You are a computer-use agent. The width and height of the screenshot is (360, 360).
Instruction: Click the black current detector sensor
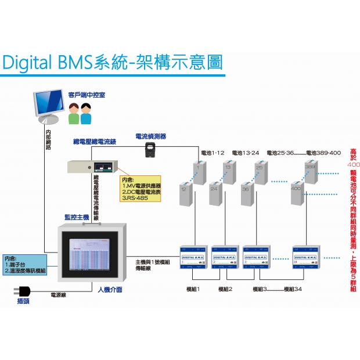coord(152,150)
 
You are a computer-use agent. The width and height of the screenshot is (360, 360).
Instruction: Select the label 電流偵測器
coord(150,136)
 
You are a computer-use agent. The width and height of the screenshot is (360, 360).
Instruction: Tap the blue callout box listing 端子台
coord(24,264)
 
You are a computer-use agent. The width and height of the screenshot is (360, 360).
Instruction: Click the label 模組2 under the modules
coord(225,289)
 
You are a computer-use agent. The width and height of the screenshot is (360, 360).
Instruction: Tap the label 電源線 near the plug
coord(59,295)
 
